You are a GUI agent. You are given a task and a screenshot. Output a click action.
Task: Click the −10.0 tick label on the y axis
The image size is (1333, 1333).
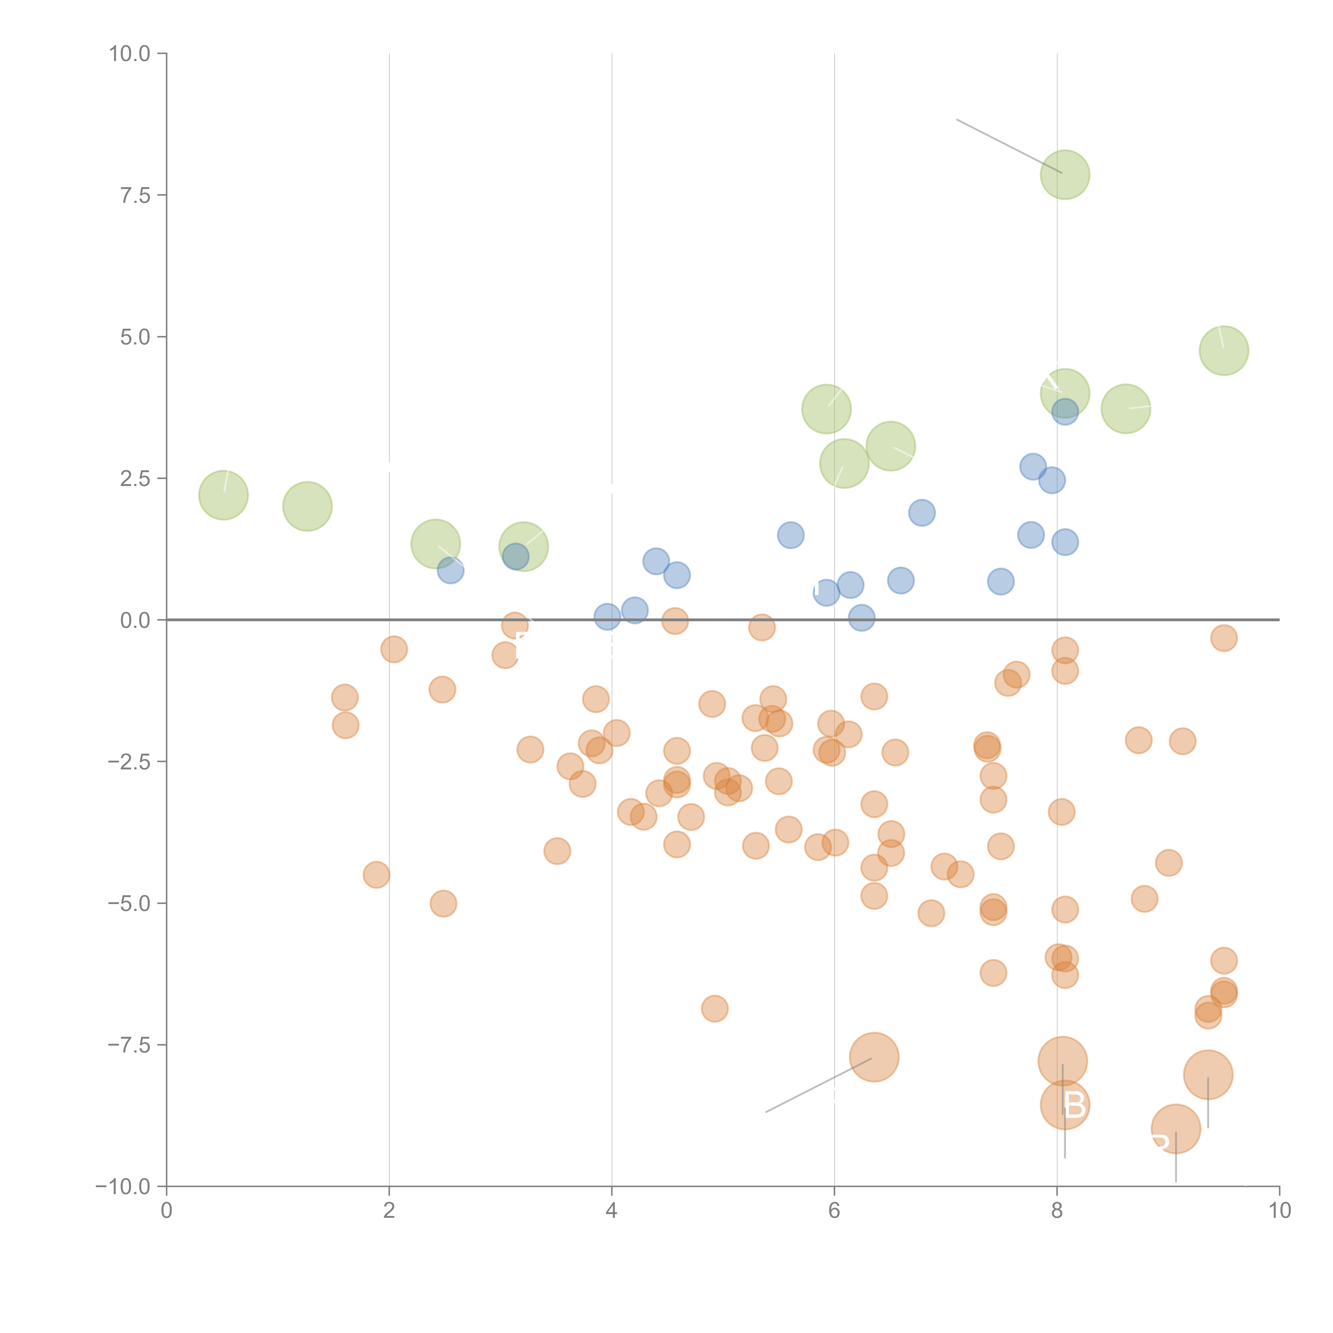123,1187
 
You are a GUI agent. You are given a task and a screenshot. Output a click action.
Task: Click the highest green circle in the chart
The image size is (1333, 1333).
1065,175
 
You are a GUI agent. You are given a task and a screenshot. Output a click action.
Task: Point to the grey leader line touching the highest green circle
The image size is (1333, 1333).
1007,145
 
